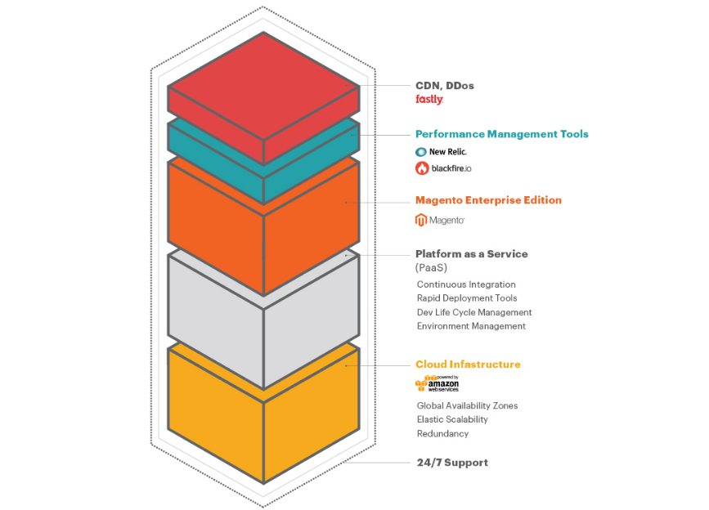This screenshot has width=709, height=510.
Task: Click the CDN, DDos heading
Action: coord(445,85)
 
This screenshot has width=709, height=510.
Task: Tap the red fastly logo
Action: coord(429,100)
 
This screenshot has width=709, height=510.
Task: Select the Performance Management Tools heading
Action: coord(502,134)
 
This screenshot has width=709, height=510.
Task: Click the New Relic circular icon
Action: coord(421,152)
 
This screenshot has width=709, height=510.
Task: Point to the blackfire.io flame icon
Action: coord(422,168)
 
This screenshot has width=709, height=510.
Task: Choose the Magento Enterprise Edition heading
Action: coord(488,200)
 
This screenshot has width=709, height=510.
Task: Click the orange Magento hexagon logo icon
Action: coord(421,220)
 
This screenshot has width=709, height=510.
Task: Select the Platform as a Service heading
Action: coord(472,254)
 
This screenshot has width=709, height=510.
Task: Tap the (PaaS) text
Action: coord(431,268)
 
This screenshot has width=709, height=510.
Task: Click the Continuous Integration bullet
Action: coord(466,284)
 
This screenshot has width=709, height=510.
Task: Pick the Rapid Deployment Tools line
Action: coord(467,298)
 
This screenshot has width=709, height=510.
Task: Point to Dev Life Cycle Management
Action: coord(474,312)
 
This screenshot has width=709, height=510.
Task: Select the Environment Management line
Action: coord(471,326)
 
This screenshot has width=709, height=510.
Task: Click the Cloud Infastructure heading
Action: coord(468,365)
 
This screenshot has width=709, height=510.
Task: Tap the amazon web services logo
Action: coord(438,383)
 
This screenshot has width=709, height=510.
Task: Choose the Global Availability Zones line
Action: coord(467,405)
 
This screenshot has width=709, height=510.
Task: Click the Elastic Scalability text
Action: coord(452,419)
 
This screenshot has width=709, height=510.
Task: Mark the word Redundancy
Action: coord(442,434)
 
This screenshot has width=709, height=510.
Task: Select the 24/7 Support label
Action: coord(452,463)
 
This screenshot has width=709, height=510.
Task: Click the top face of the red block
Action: coord(263,86)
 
